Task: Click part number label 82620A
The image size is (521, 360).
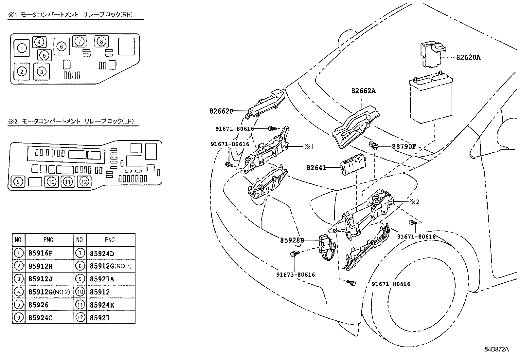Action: click(468, 57)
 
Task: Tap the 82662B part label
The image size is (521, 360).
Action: click(221, 111)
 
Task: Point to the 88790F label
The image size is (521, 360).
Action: click(404, 147)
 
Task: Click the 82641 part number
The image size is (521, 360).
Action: click(316, 167)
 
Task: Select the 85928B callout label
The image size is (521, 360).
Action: click(292, 240)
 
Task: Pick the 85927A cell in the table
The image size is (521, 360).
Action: click(102, 279)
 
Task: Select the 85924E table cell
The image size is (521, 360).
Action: click(102, 305)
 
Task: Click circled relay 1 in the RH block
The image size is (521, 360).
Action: click(22, 48)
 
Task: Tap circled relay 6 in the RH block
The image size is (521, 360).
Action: click(62, 47)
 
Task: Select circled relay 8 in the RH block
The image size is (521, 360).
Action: click(101, 42)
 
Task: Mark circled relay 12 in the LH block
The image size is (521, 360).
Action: click(84, 181)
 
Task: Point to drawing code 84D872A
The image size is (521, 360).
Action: click(496, 349)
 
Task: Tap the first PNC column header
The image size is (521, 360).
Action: click(48, 240)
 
